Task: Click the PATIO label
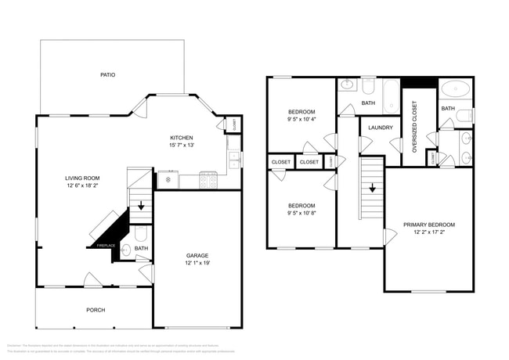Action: (108, 75)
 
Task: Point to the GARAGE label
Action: (197, 255)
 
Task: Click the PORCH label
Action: (95, 310)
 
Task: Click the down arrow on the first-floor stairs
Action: (141, 207)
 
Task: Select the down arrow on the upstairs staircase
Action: (372, 188)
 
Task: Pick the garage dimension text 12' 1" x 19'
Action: (197, 263)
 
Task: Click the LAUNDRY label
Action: (381, 127)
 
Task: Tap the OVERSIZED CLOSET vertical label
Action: (414, 127)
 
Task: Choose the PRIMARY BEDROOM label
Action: (429, 225)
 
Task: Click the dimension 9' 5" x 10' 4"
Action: (301, 120)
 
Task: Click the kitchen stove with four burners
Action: (208, 181)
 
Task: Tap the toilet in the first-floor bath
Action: (139, 233)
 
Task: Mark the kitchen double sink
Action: (233, 160)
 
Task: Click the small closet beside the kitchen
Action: (234, 124)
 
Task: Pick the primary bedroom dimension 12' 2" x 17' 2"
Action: (429, 232)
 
